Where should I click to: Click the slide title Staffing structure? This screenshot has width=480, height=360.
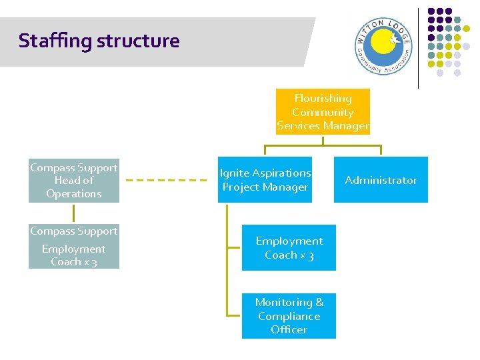point(99,41)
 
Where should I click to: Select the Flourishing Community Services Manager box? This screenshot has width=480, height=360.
point(323,112)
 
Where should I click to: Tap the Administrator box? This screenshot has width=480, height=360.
point(381,180)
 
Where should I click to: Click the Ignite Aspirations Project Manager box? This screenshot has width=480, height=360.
point(265,180)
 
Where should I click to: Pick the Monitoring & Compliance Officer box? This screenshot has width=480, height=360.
point(289,316)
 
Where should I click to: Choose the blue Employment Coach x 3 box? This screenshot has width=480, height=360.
point(289,248)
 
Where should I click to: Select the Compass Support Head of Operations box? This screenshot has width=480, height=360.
point(74,181)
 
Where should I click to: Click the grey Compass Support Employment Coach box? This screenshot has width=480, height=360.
point(74,247)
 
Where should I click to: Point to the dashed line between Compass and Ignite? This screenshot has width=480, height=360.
point(166,180)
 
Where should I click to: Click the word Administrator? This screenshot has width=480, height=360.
point(381,180)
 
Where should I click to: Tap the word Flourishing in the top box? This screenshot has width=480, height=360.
point(323,99)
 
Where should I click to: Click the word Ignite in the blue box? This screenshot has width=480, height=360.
point(233,173)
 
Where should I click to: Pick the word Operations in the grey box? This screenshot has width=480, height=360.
point(74,194)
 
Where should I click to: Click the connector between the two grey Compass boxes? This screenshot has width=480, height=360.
point(74,213)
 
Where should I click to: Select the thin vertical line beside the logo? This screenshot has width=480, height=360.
point(419,48)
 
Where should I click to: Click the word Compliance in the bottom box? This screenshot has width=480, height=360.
point(289,316)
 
